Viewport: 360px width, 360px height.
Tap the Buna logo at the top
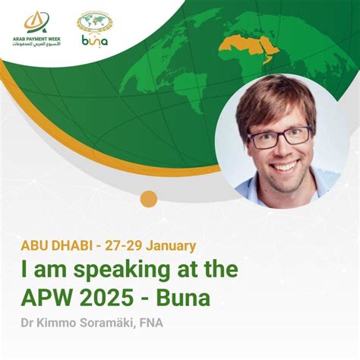[x=94, y=28]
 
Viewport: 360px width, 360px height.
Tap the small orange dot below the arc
[x=149, y=200]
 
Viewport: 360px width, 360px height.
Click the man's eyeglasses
[x=279, y=137]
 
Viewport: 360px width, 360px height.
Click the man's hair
[x=273, y=99]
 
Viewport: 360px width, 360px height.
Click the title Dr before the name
[x=29, y=324]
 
